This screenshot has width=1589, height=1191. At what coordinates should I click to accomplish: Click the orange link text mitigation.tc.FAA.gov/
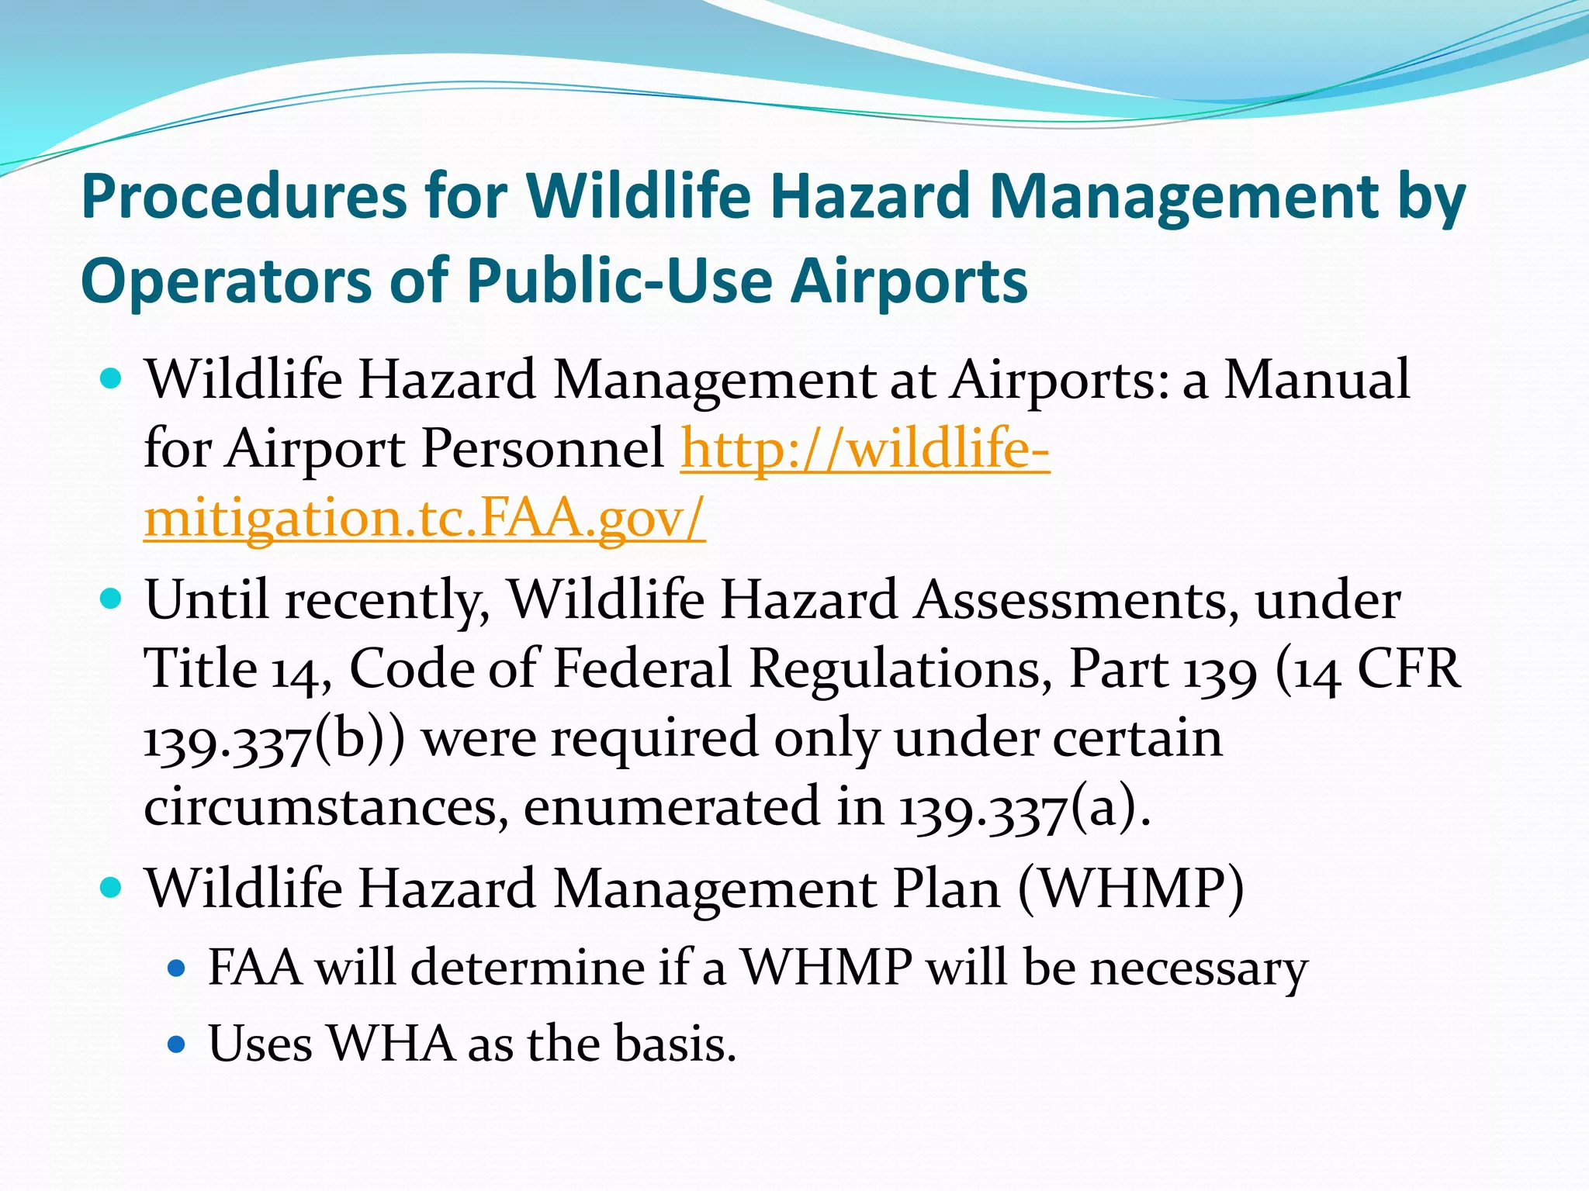pyautogui.click(x=424, y=518)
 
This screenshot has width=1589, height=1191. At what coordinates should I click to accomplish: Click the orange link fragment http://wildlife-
pyautogui.click(x=865, y=449)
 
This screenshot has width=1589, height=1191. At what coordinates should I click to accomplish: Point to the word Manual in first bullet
pyautogui.click(x=1317, y=380)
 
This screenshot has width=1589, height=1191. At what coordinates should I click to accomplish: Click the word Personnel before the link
pyautogui.click(x=542, y=449)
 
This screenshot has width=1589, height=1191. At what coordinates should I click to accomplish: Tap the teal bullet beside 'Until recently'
pyautogui.click(x=113, y=599)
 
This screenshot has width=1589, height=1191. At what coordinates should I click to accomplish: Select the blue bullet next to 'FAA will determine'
pyautogui.click(x=177, y=968)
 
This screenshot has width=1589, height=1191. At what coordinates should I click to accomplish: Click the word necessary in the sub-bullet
pyautogui.click(x=1198, y=969)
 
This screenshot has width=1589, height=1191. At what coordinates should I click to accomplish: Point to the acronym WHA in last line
pyautogui.click(x=390, y=1044)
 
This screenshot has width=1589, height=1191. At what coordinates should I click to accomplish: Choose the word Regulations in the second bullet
pyautogui.click(x=900, y=669)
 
